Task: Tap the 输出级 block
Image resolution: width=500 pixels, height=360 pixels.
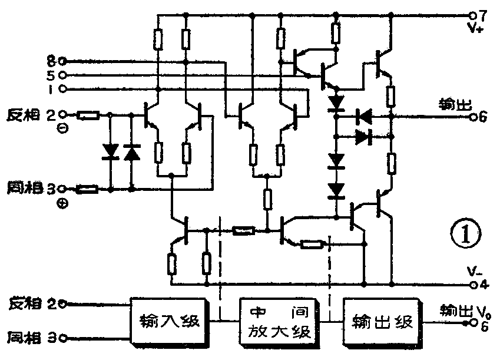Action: pos(382,322)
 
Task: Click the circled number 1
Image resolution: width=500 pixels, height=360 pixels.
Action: pos(463,235)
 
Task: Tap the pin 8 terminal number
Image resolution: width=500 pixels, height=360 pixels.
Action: pos(52,61)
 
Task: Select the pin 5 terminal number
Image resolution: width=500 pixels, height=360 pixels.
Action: pos(52,75)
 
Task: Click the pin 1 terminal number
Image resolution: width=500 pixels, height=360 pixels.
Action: pos(52,90)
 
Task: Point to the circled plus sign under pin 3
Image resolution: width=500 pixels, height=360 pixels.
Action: pos(62,203)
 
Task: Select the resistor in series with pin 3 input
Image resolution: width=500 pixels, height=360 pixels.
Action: pos(88,189)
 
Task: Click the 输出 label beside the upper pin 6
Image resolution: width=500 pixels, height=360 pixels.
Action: pos(453,103)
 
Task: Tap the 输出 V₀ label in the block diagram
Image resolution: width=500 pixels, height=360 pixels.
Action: pos(462,311)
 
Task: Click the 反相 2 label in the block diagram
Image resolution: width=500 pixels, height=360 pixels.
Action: pos(32,304)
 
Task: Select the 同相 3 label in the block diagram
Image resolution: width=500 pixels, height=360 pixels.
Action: pos(32,338)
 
